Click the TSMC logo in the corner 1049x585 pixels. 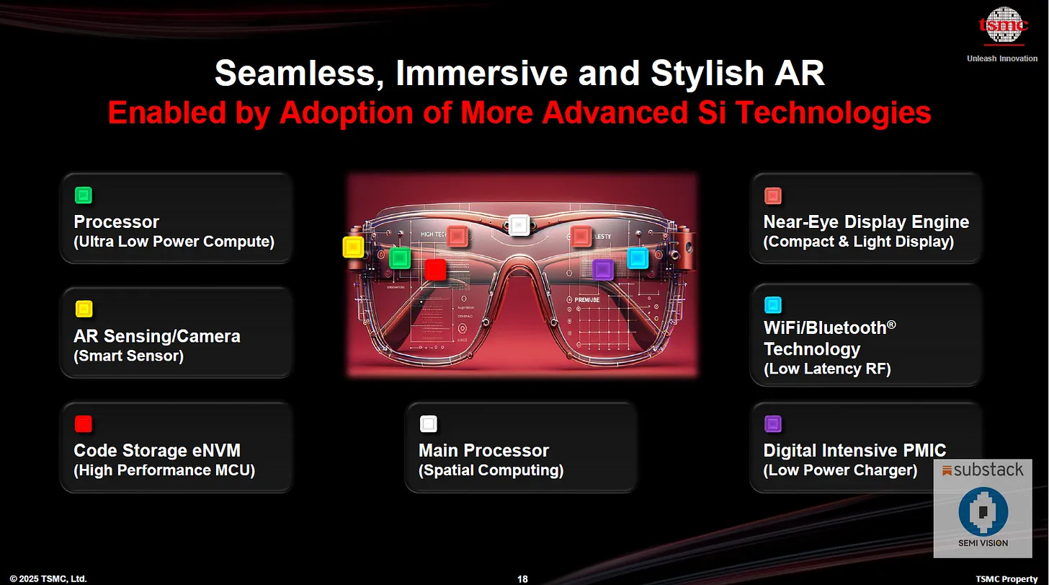point(1002,27)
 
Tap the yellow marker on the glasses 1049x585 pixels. point(353,247)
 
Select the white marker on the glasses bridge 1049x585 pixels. point(519,225)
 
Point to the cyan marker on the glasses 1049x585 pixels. point(638,258)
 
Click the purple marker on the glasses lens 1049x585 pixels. point(602,270)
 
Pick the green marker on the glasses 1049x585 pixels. point(399,258)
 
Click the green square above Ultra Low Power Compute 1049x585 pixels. point(84,195)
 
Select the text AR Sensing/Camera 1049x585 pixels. point(156,336)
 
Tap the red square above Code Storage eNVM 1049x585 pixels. point(84,424)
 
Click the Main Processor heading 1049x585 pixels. point(483,451)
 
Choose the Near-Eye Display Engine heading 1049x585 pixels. point(866,222)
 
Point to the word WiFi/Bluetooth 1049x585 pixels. point(829,328)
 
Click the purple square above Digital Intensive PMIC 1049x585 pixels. point(773,424)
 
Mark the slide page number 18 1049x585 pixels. point(523,579)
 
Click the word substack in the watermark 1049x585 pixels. point(988,470)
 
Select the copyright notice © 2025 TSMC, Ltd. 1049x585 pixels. point(48,579)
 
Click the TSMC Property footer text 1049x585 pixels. point(1007,579)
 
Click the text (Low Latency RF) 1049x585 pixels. point(827,369)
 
